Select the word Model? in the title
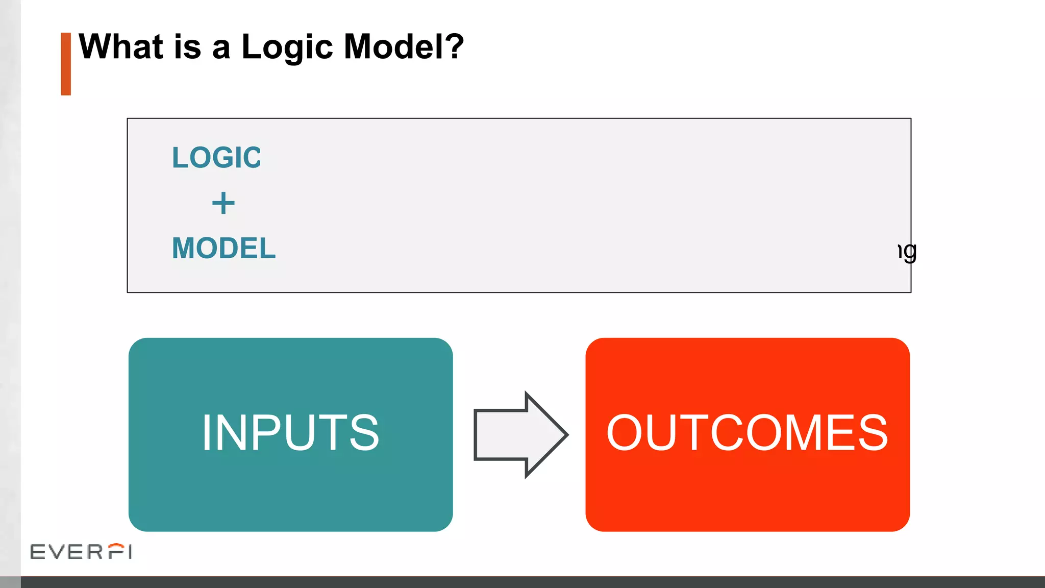pyautogui.click(x=403, y=47)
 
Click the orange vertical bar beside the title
pyautogui.click(x=66, y=64)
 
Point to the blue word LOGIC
pyautogui.click(x=216, y=157)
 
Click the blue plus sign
pyautogui.click(x=223, y=203)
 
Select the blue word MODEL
pyautogui.click(x=223, y=248)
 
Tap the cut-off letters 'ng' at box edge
pyautogui.click(x=908, y=252)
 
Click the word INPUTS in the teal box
pyautogui.click(x=290, y=433)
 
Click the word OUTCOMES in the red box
pyautogui.click(x=747, y=433)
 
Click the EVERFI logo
pyautogui.click(x=81, y=551)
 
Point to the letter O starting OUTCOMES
pyautogui.click(x=628, y=433)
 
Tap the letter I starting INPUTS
pyautogui.click(x=206, y=433)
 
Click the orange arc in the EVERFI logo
pyautogui.click(x=117, y=546)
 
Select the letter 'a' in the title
pyautogui.click(x=221, y=49)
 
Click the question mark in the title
pyautogui.click(x=454, y=46)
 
